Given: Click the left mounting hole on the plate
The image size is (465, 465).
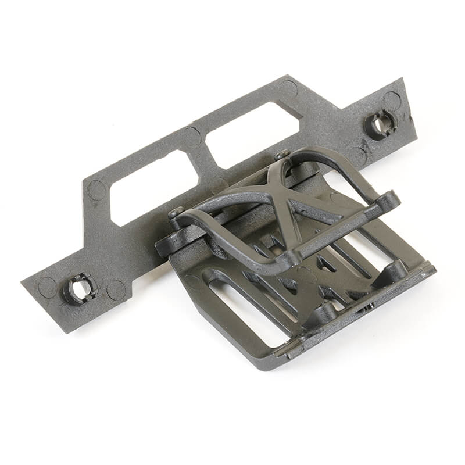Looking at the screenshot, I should (80, 288).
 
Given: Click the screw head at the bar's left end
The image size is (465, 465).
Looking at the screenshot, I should (176, 213).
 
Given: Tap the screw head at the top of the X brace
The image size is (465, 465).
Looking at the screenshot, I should (282, 155).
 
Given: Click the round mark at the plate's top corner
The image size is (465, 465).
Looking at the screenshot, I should (288, 88).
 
